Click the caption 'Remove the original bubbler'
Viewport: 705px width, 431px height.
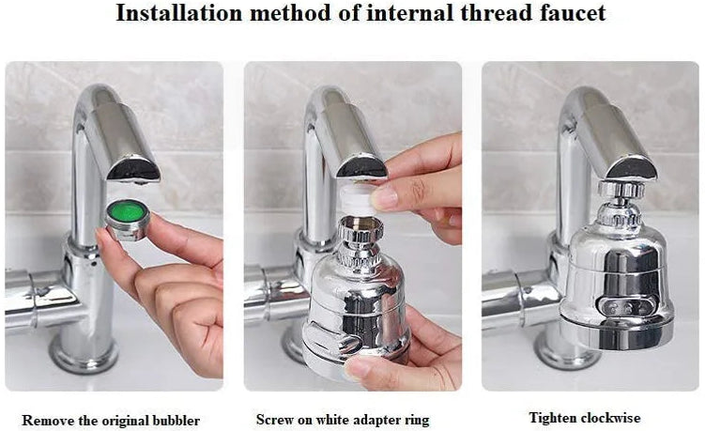(x=111, y=419)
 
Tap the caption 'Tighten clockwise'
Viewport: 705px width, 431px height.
(x=585, y=417)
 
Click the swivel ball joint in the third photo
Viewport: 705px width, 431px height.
(x=616, y=192)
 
